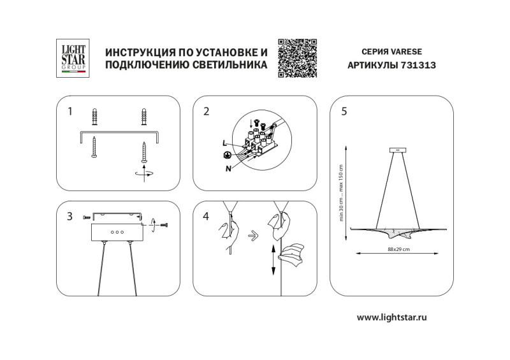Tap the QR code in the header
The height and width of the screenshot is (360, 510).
298,58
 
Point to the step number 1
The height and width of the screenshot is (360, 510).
70,112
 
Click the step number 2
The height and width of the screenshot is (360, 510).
206,112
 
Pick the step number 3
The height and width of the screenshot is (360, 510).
70,216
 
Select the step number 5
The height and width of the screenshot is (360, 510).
344,112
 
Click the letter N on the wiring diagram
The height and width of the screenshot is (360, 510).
228,169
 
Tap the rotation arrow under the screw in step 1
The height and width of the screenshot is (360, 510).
145,173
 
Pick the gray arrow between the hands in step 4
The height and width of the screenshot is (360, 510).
252,234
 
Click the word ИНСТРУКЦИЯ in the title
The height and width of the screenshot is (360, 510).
136,52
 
